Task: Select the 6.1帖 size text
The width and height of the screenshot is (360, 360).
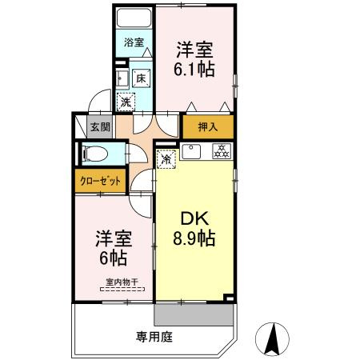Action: [x=195, y=70]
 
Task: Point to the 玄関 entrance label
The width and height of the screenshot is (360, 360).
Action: [x=99, y=126]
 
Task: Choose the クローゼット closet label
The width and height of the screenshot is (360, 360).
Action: [x=100, y=181]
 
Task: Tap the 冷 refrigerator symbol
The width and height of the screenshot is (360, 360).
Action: [x=166, y=159]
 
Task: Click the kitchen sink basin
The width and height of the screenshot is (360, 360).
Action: [x=193, y=150]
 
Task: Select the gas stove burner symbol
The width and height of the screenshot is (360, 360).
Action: [x=220, y=150]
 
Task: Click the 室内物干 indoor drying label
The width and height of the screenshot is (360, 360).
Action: [x=122, y=282]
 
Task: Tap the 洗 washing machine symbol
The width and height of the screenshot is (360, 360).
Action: [x=126, y=102]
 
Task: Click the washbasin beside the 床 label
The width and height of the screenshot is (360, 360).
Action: [x=120, y=78]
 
